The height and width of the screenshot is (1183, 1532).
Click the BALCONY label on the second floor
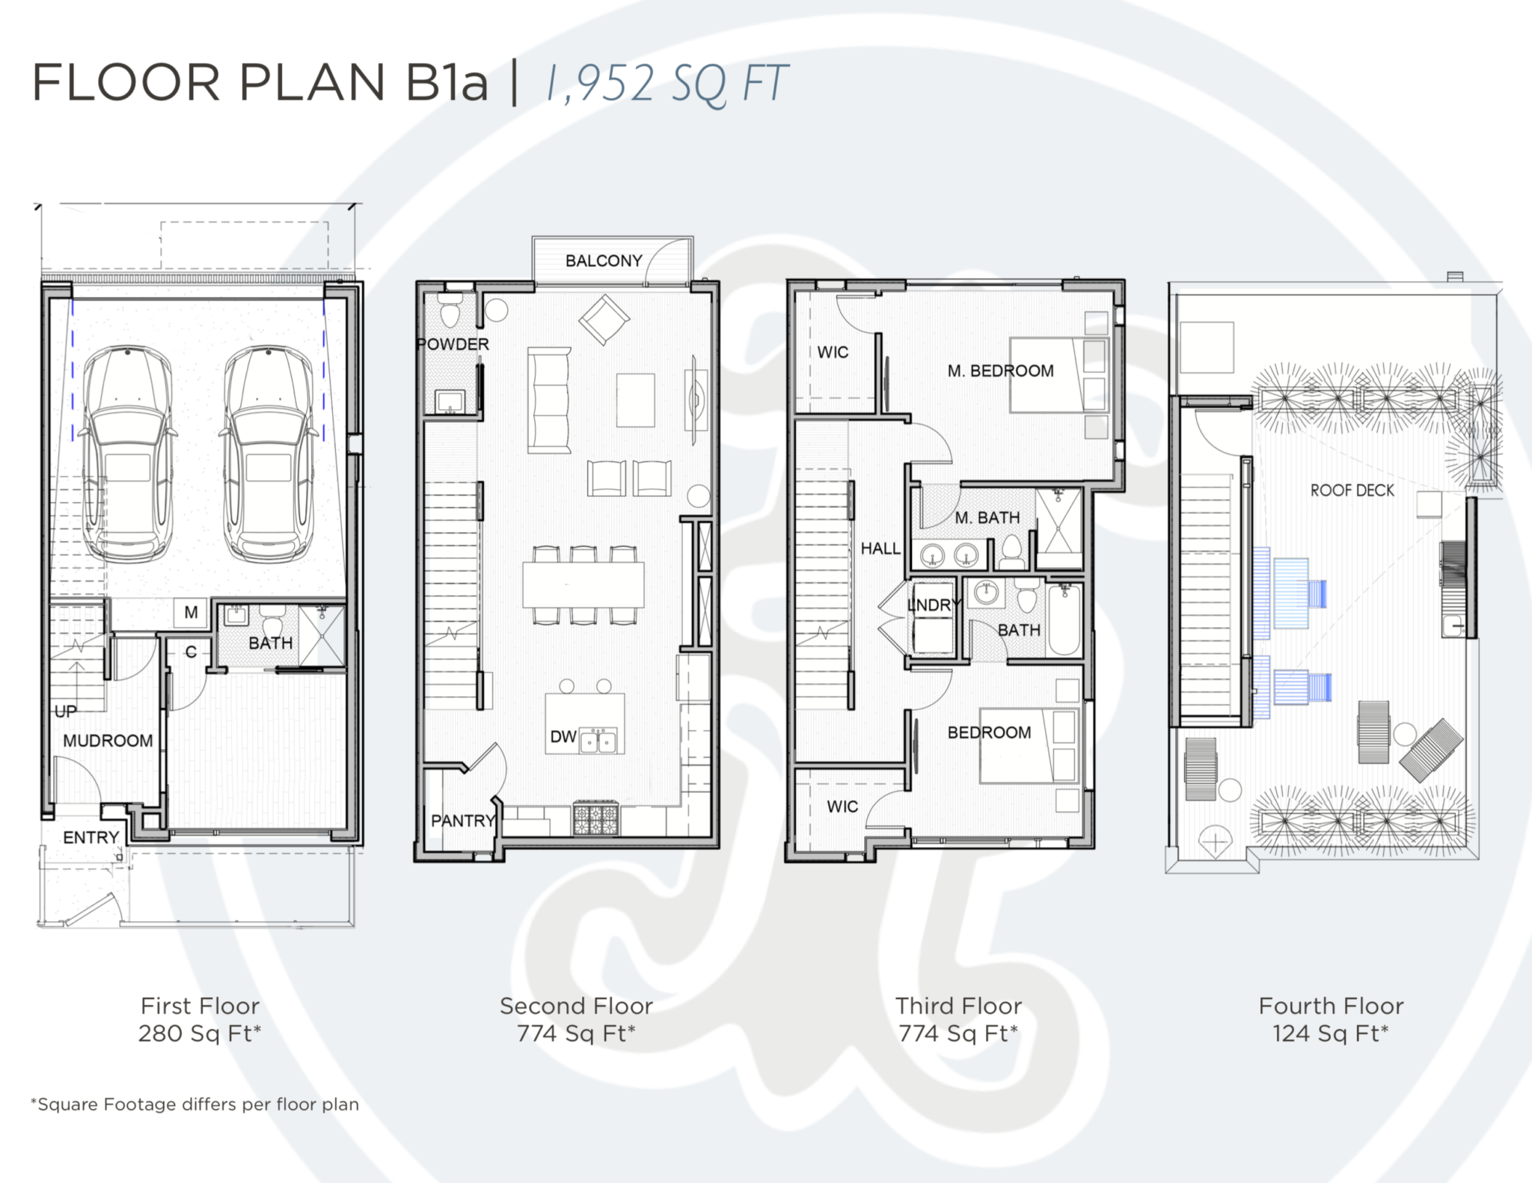pyautogui.click(x=604, y=261)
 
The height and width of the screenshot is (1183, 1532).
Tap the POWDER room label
pyautogui.click(x=453, y=344)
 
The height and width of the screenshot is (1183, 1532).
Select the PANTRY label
pyautogui.click(x=464, y=821)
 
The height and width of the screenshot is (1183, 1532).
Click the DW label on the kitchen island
pyautogui.click(x=563, y=737)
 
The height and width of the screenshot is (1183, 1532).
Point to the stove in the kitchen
pyautogui.click(x=596, y=818)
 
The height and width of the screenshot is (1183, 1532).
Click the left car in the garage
pyautogui.click(x=128, y=453)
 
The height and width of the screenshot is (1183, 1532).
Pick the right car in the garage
pyautogui.click(x=268, y=453)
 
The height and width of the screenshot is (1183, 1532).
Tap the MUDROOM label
pyautogui.click(x=108, y=741)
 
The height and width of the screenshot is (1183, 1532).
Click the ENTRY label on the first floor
pyautogui.click(x=91, y=837)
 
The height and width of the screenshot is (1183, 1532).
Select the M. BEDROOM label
pyautogui.click(x=1000, y=371)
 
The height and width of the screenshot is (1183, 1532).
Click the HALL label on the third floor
pyautogui.click(x=880, y=548)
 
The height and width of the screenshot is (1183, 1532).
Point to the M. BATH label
pyautogui.click(x=987, y=518)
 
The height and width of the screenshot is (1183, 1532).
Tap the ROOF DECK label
pyautogui.click(x=1352, y=491)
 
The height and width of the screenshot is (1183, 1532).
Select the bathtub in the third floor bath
pyautogui.click(x=1064, y=620)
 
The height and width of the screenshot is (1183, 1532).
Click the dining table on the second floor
pyautogui.click(x=583, y=585)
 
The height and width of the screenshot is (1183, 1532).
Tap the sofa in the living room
pyautogui.click(x=549, y=400)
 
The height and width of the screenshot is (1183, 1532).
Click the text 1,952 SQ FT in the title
pyautogui.click(x=666, y=83)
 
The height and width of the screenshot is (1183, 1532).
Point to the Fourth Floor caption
pyautogui.click(x=1332, y=1006)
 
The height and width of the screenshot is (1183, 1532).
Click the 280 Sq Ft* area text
pyautogui.click(x=200, y=1033)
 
